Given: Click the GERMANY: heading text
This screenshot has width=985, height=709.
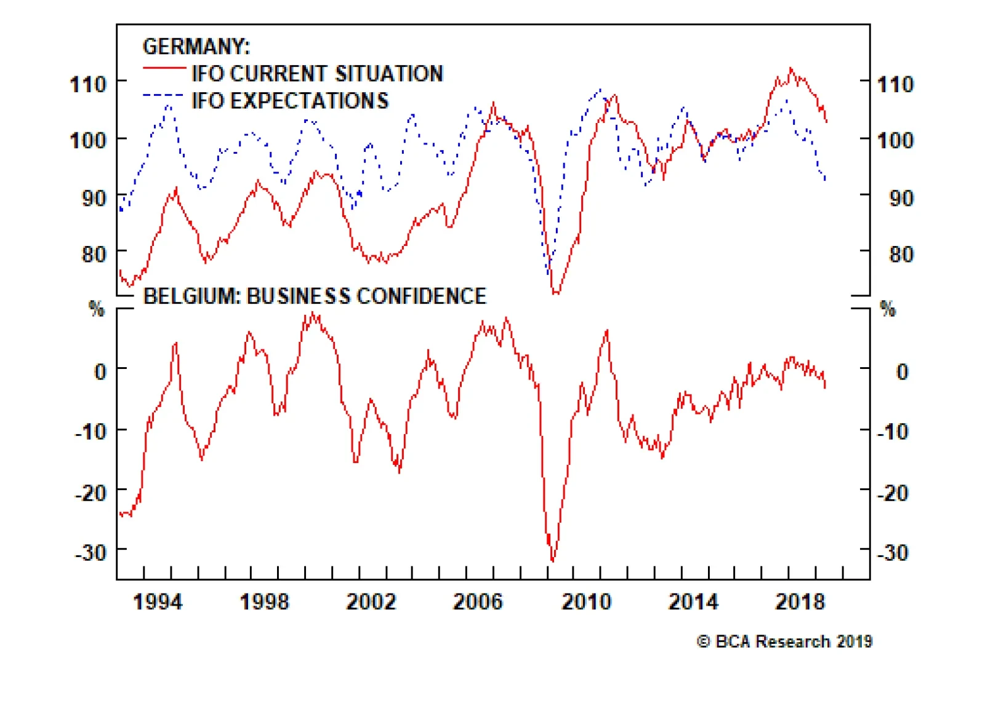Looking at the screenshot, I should point(196,47).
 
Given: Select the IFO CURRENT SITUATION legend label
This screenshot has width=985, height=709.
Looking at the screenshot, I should point(317,74).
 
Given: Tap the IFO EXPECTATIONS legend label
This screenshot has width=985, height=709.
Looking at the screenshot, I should point(290,101).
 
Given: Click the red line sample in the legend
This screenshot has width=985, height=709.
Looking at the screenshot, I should point(164,68).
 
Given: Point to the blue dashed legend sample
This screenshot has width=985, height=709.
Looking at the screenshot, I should point(163,95).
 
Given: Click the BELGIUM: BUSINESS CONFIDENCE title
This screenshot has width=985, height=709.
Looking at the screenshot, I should point(315,296).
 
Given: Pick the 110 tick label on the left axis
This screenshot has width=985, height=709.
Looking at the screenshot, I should point(88,84).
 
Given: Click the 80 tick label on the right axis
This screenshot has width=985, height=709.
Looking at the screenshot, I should point(901,254).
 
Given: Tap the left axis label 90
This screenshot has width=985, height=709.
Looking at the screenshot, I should point(94,198).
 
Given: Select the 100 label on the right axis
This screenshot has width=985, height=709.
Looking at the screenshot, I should point(895,140).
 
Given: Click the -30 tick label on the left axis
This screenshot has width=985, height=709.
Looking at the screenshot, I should point(90,552).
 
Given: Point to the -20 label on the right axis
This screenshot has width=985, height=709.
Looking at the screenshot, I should point(893,493).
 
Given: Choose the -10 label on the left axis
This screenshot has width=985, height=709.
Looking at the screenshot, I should point(90,432).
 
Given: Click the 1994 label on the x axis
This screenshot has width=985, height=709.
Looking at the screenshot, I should point(158,601).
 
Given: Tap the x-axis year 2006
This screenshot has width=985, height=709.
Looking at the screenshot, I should point(478,601).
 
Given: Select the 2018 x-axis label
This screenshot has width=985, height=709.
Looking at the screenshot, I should point(799,601).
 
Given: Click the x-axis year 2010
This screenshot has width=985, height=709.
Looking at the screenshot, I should point(585,601).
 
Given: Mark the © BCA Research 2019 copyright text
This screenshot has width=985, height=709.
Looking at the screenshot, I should point(784,641).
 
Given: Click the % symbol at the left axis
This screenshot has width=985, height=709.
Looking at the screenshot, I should point(97,308).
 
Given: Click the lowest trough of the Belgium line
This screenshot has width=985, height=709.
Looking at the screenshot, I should point(552,560).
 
